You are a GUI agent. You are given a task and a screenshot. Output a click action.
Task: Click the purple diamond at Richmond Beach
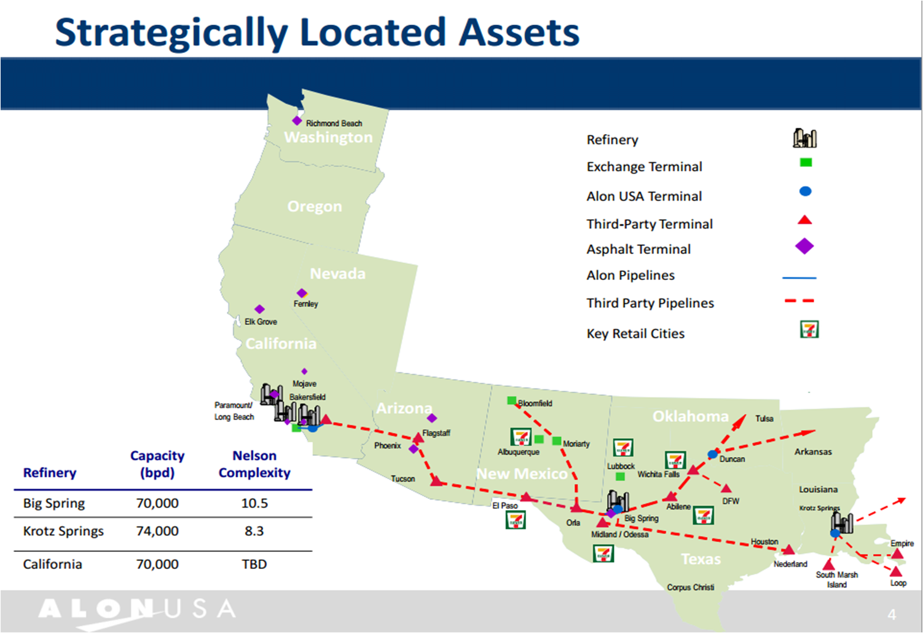click(x=297, y=121)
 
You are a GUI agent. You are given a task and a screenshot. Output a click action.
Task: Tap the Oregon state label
click(x=315, y=207)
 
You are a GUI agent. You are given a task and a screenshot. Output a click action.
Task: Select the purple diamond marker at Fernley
click(x=302, y=293)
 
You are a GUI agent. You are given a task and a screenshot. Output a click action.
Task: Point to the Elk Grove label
click(x=261, y=322)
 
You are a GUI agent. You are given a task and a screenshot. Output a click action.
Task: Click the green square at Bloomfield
click(x=511, y=401)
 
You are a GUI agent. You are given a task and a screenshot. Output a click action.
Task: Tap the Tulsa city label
click(x=764, y=419)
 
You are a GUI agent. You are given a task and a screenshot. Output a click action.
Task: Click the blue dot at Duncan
click(x=712, y=455)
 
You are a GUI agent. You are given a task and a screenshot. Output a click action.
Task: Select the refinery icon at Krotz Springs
click(x=842, y=522)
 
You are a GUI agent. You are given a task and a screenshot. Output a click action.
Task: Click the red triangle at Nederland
click(x=788, y=549)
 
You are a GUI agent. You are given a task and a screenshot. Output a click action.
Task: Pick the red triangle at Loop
click(x=896, y=571)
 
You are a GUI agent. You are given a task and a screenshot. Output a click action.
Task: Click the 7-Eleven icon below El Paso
click(x=515, y=520)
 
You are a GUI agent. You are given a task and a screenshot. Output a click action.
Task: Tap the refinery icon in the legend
click(x=804, y=138)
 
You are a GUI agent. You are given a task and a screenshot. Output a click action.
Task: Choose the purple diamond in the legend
click(x=804, y=247)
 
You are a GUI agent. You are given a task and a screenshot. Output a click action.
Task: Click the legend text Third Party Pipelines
click(x=650, y=303)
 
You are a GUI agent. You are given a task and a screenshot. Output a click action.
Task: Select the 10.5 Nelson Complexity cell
click(x=254, y=503)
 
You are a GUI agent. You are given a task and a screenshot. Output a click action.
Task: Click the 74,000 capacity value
click(x=157, y=531)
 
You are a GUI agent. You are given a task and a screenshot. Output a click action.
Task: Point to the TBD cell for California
click(x=254, y=564)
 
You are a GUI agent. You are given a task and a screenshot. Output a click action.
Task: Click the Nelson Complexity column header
click(x=254, y=464)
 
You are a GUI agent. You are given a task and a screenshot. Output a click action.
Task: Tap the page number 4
click(x=892, y=614)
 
